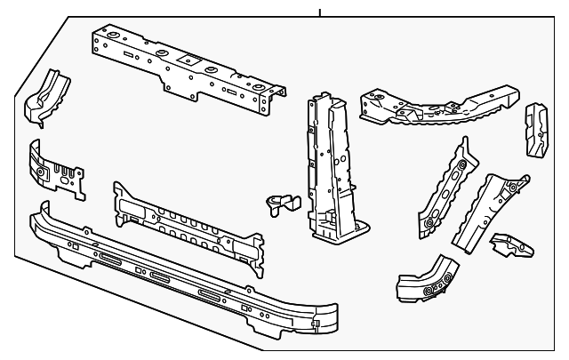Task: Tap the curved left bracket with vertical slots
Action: point(55,168)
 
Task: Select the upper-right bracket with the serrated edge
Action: point(436,106)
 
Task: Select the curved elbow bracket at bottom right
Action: point(427,279)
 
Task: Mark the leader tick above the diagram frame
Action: point(319,12)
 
